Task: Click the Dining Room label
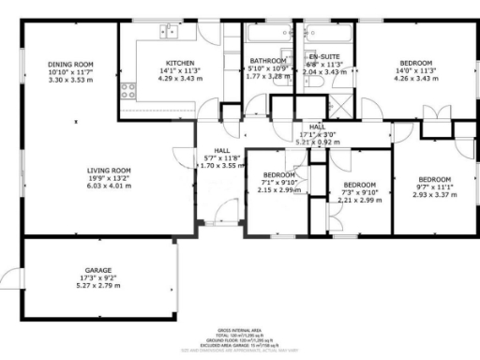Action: pos(70,65)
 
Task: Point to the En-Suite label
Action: pos(325,57)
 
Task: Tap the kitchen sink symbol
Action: pos(170,31)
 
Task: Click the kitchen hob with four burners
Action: pos(128,91)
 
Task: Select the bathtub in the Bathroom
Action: pos(270,35)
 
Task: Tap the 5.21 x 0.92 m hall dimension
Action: pos(317,142)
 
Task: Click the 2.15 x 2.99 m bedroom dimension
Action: pos(279,189)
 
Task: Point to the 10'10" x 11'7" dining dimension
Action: pos(70,72)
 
